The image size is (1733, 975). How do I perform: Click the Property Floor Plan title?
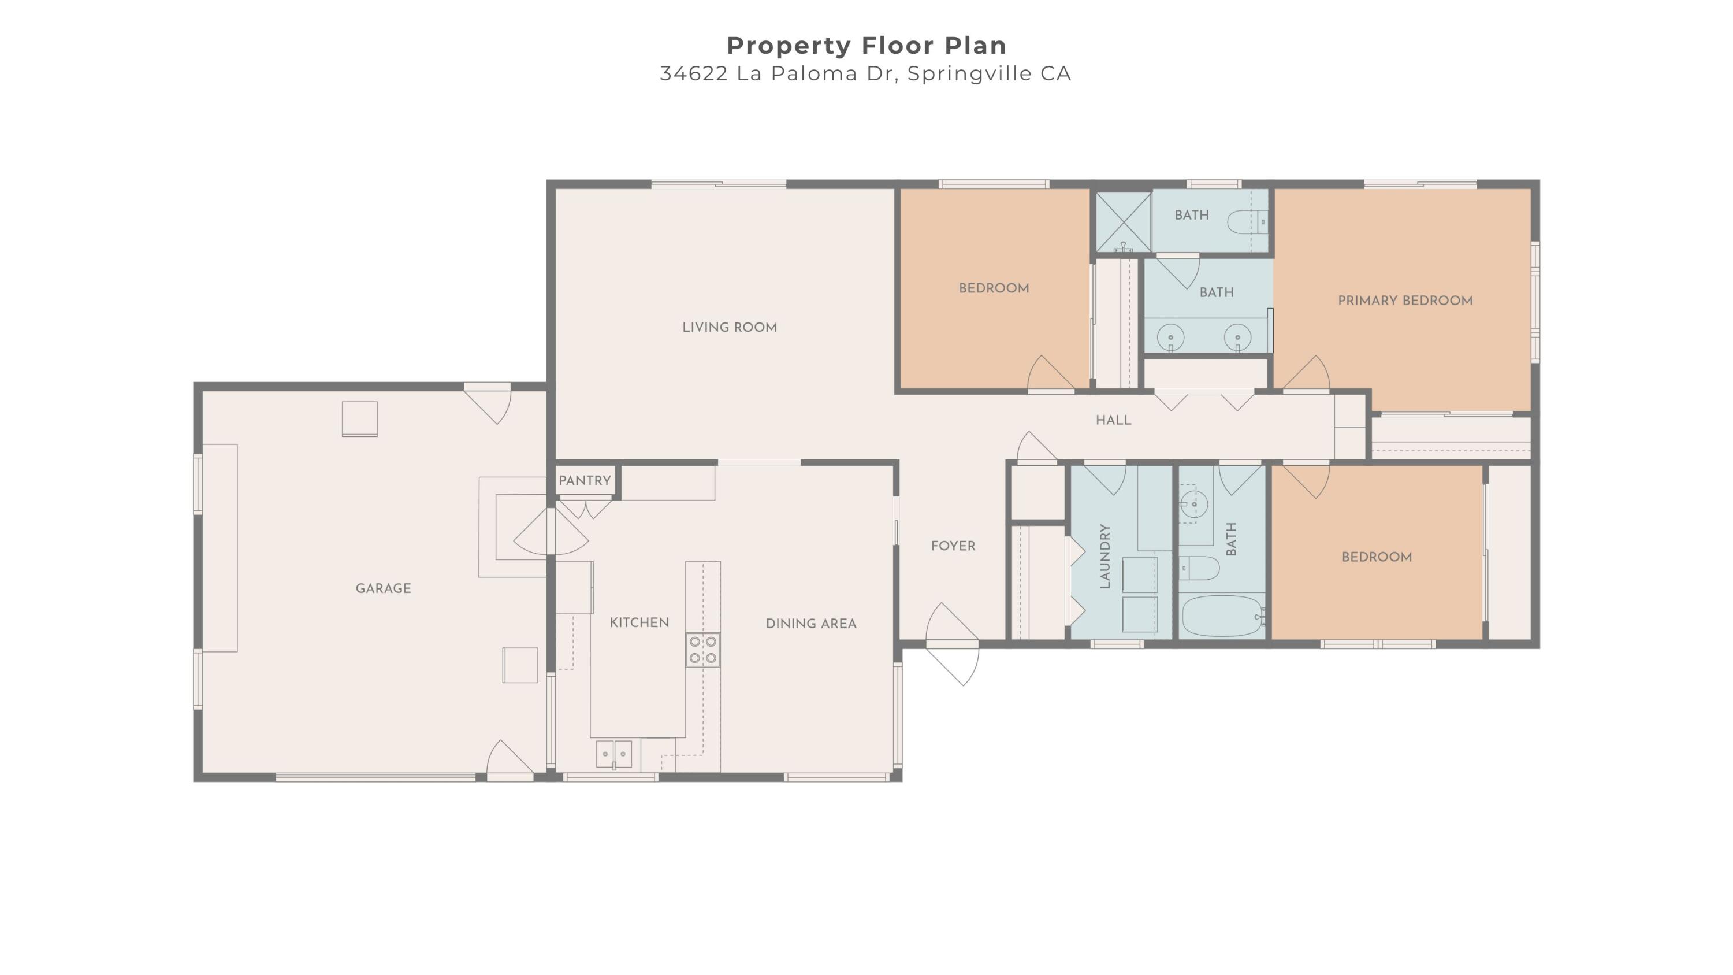pyautogui.click(x=866, y=46)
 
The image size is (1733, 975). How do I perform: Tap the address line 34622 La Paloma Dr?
pyautogui.click(x=865, y=73)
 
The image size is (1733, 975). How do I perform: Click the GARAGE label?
pyautogui.click(x=383, y=589)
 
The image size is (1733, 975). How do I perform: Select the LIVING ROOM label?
pyautogui.click(x=729, y=328)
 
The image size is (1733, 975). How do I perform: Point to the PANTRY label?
pyautogui.click(x=585, y=481)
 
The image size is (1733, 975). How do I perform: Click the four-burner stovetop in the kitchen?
pyautogui.click(x=702, y=650)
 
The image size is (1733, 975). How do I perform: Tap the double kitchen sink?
pyautogui.click(x=613, y=754)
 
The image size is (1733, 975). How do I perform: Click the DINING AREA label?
pyautogui.click(x=810, y=624)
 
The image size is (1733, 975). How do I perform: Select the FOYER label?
pyautogui.click(x=953, y=546)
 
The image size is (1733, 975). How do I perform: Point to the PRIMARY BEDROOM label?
pyautogui.click(x=1405, y=301)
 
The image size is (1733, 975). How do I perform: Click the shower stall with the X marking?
pyautogui.click(x=1124, y=222)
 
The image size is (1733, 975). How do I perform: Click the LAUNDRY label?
pyautogui.click(x=1104, y=557)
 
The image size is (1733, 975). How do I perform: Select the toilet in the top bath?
pyautogui.click(x=1245, y=221)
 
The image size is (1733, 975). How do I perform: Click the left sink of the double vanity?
pyautogui.click(x=1170, y=336)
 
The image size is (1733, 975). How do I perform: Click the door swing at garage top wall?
pyautogui.click(x=491, y=404)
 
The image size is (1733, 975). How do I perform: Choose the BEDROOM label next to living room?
pyautogui.click(x=994, y=288)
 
